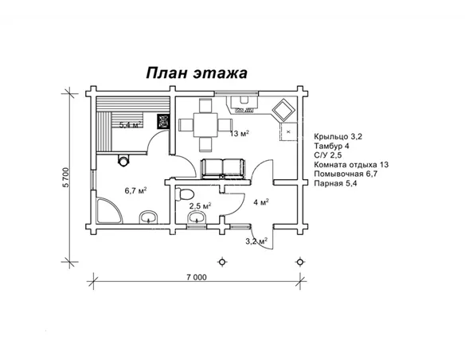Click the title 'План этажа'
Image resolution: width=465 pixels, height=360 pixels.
point(196,72)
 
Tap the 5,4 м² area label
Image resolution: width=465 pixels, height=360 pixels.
point(130,125)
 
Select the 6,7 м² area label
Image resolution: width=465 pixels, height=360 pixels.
point(135,190)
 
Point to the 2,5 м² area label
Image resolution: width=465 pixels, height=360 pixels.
point(199,206)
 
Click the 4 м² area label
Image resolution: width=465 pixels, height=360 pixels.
point(260,202)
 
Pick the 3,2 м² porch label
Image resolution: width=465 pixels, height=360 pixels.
point(256,241)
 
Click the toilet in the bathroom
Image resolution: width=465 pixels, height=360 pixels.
point(186,195)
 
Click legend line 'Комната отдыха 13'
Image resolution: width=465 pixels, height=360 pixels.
point(352,165)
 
